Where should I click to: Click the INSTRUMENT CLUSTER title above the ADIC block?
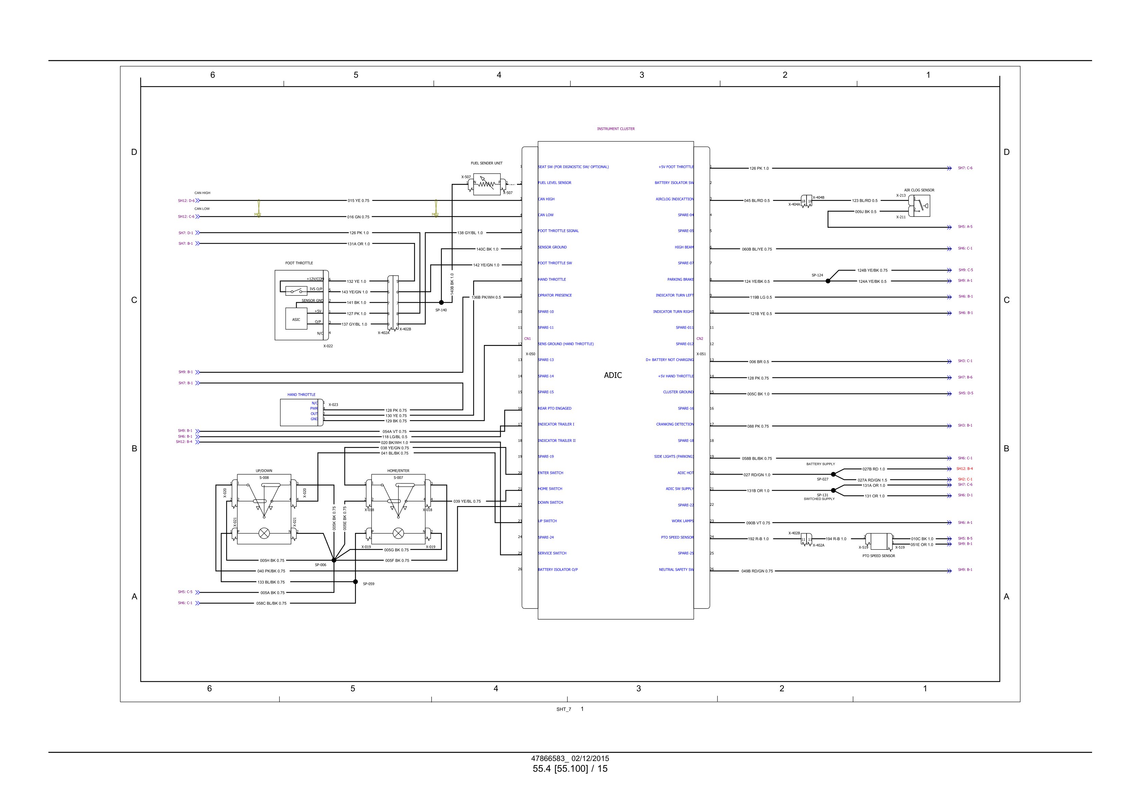[x=615, y=129]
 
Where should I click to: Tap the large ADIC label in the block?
[x=612, y=376]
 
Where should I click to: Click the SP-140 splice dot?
[x=441, y=303]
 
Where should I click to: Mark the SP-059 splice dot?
[x=356, y=582]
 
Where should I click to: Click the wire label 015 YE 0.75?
[x=358, y=201]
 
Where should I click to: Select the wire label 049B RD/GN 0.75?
[x=757, y=571]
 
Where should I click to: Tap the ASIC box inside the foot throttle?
[x=296, y=319]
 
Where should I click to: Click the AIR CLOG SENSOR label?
[x=919, y=190]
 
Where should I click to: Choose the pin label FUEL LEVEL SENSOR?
[x=555, y=183]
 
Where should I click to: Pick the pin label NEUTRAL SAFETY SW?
[x=676, y=569]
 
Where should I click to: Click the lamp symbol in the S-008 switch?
[x=264, y=533]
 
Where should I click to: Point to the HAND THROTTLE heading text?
[x=301, y=395]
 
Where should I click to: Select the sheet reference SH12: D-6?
[x=186, y=201]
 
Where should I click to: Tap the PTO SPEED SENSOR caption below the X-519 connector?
[x=878, y=556]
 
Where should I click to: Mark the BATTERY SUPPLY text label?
[x=820, y=464]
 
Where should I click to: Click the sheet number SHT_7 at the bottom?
[x=564, y=709]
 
